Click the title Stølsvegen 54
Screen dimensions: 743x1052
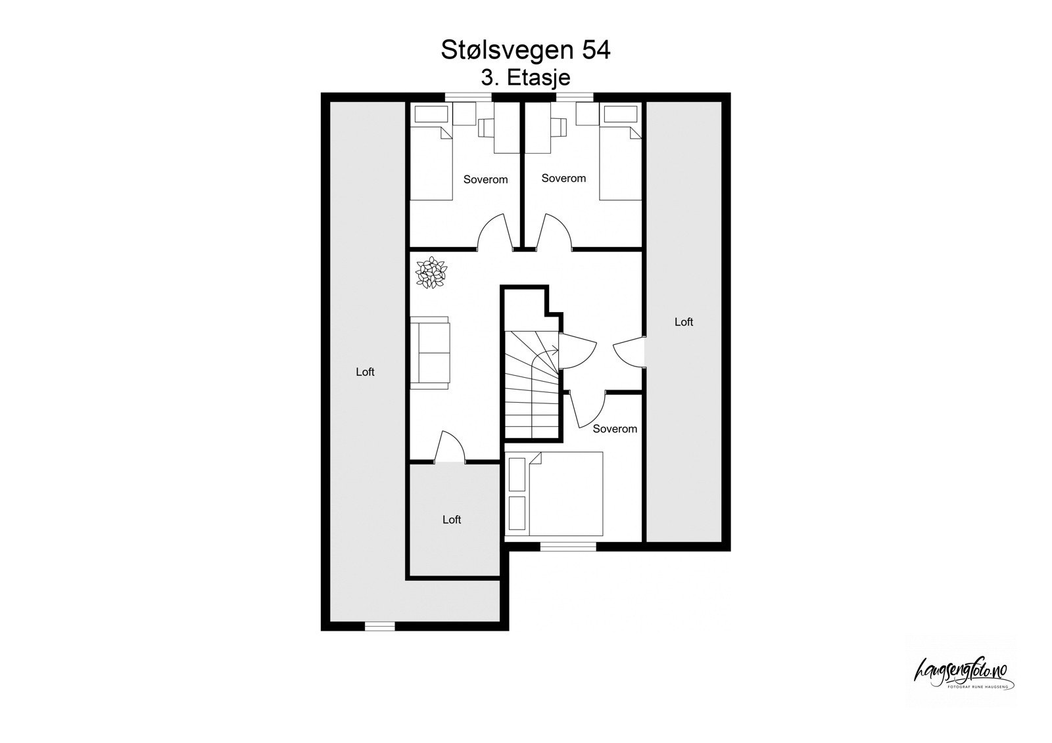click(x=525, y=51)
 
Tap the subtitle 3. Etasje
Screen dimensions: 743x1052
click(x=525, y=78)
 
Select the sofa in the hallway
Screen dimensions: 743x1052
click(x=431, y=352)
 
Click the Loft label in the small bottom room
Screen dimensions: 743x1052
click(x=452, y=520)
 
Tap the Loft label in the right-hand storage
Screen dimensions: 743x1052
click(x=684, y=322)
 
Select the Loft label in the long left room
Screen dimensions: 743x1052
click(x=365, y=372)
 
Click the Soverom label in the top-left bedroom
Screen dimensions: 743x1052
click(x=485, y=179)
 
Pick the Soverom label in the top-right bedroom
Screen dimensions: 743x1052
click(x=563, y=178)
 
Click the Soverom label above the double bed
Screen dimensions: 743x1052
click(x=615, y=429)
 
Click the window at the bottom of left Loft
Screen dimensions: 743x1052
click(x=379, y=626)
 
